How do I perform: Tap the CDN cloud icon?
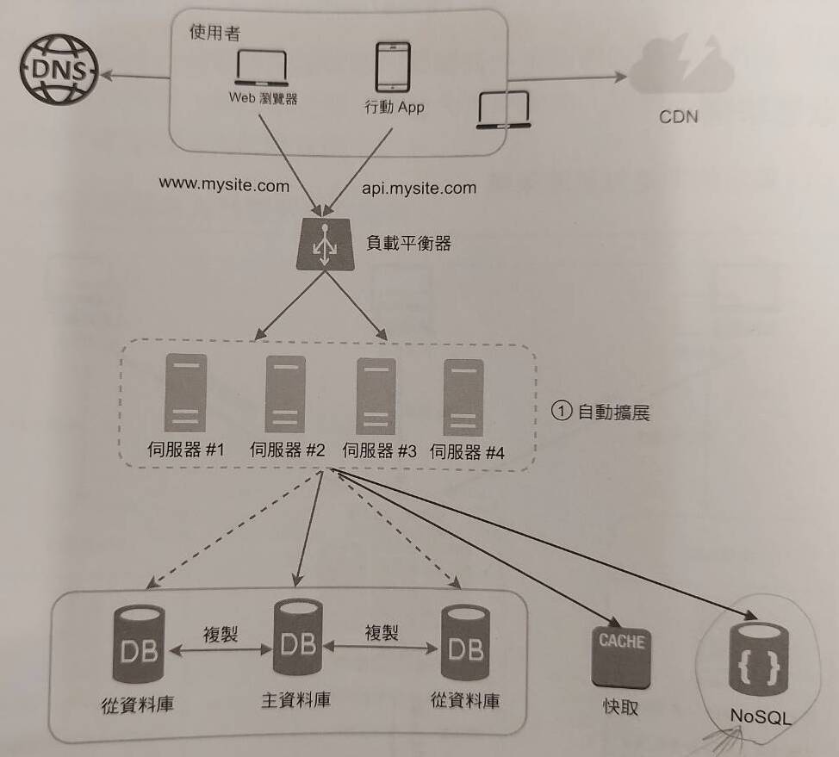click(681, 65)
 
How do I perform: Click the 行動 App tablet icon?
click(393, 67)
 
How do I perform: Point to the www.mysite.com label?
click(224, 184)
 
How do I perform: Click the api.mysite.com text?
click(419, 187)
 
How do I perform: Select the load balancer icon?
click(325, 245)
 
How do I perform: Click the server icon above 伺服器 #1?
click(185, 392)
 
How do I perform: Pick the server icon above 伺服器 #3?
click(376, 395)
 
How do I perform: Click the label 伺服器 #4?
click(466, 450)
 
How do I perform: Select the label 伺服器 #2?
click(287, 450)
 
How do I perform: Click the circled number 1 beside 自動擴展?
click(561, 412)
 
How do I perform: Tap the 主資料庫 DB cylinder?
click(297, 638)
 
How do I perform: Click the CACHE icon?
click(621, 655)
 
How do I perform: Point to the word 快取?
click(621, 708)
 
